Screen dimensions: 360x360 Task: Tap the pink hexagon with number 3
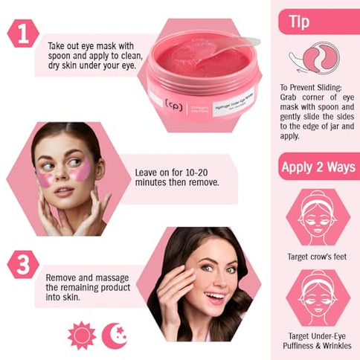click(23, 264)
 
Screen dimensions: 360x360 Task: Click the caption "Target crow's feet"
click(317, 257)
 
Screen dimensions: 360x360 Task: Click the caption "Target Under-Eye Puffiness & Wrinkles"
click(317, 341)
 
